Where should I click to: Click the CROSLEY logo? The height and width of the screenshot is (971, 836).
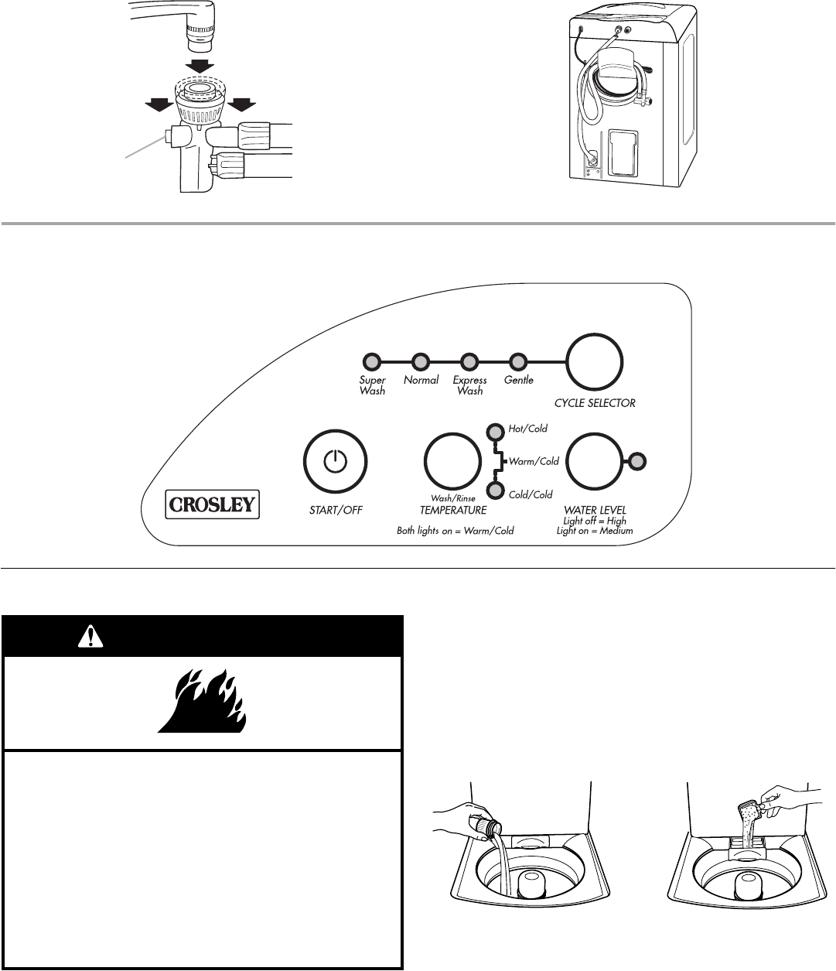(211, 505)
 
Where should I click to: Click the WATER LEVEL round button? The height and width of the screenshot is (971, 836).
(595, 462)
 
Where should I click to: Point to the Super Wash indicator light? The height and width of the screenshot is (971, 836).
(372, 361)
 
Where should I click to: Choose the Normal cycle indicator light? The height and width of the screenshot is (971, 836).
(421, 361)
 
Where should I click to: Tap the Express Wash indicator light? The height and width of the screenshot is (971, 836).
(469, 361)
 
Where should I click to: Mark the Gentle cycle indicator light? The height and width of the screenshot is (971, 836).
(518, 361)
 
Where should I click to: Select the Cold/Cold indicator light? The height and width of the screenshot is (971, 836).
(494, 491)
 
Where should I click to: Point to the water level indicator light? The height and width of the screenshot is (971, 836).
(636, 462)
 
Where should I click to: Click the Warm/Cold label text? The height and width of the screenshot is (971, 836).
(534, 462)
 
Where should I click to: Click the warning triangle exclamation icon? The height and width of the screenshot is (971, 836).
(90, 636)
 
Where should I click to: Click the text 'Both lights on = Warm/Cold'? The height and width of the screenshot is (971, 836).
(455, 531)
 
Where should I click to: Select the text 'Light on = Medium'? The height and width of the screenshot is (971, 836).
(594, 531)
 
